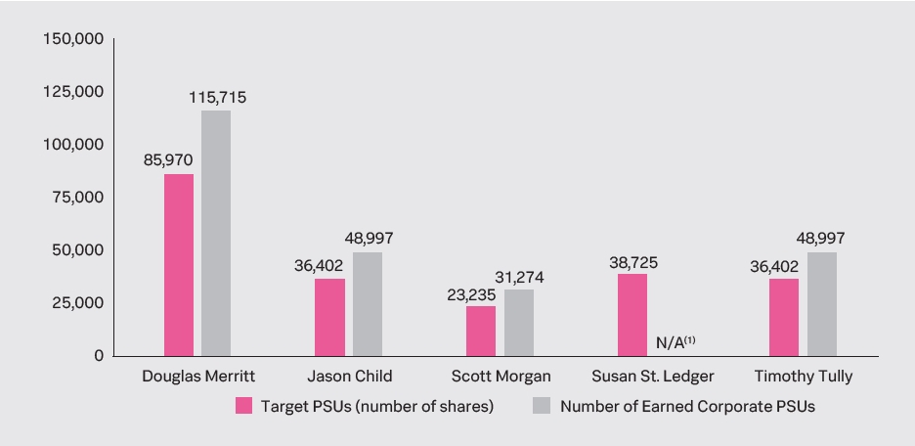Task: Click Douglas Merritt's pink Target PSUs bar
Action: coord(179,264)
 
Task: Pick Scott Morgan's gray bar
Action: coord(519,322)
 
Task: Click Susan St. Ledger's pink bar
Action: coord(632,314)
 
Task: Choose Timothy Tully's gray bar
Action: coord(822,303)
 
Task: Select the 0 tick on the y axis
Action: coord(99,356)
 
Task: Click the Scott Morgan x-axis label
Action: coord(501,376)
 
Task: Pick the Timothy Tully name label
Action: coord(804,376)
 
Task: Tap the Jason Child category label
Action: coord(349,376)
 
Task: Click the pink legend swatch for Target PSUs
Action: coord(244,406)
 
